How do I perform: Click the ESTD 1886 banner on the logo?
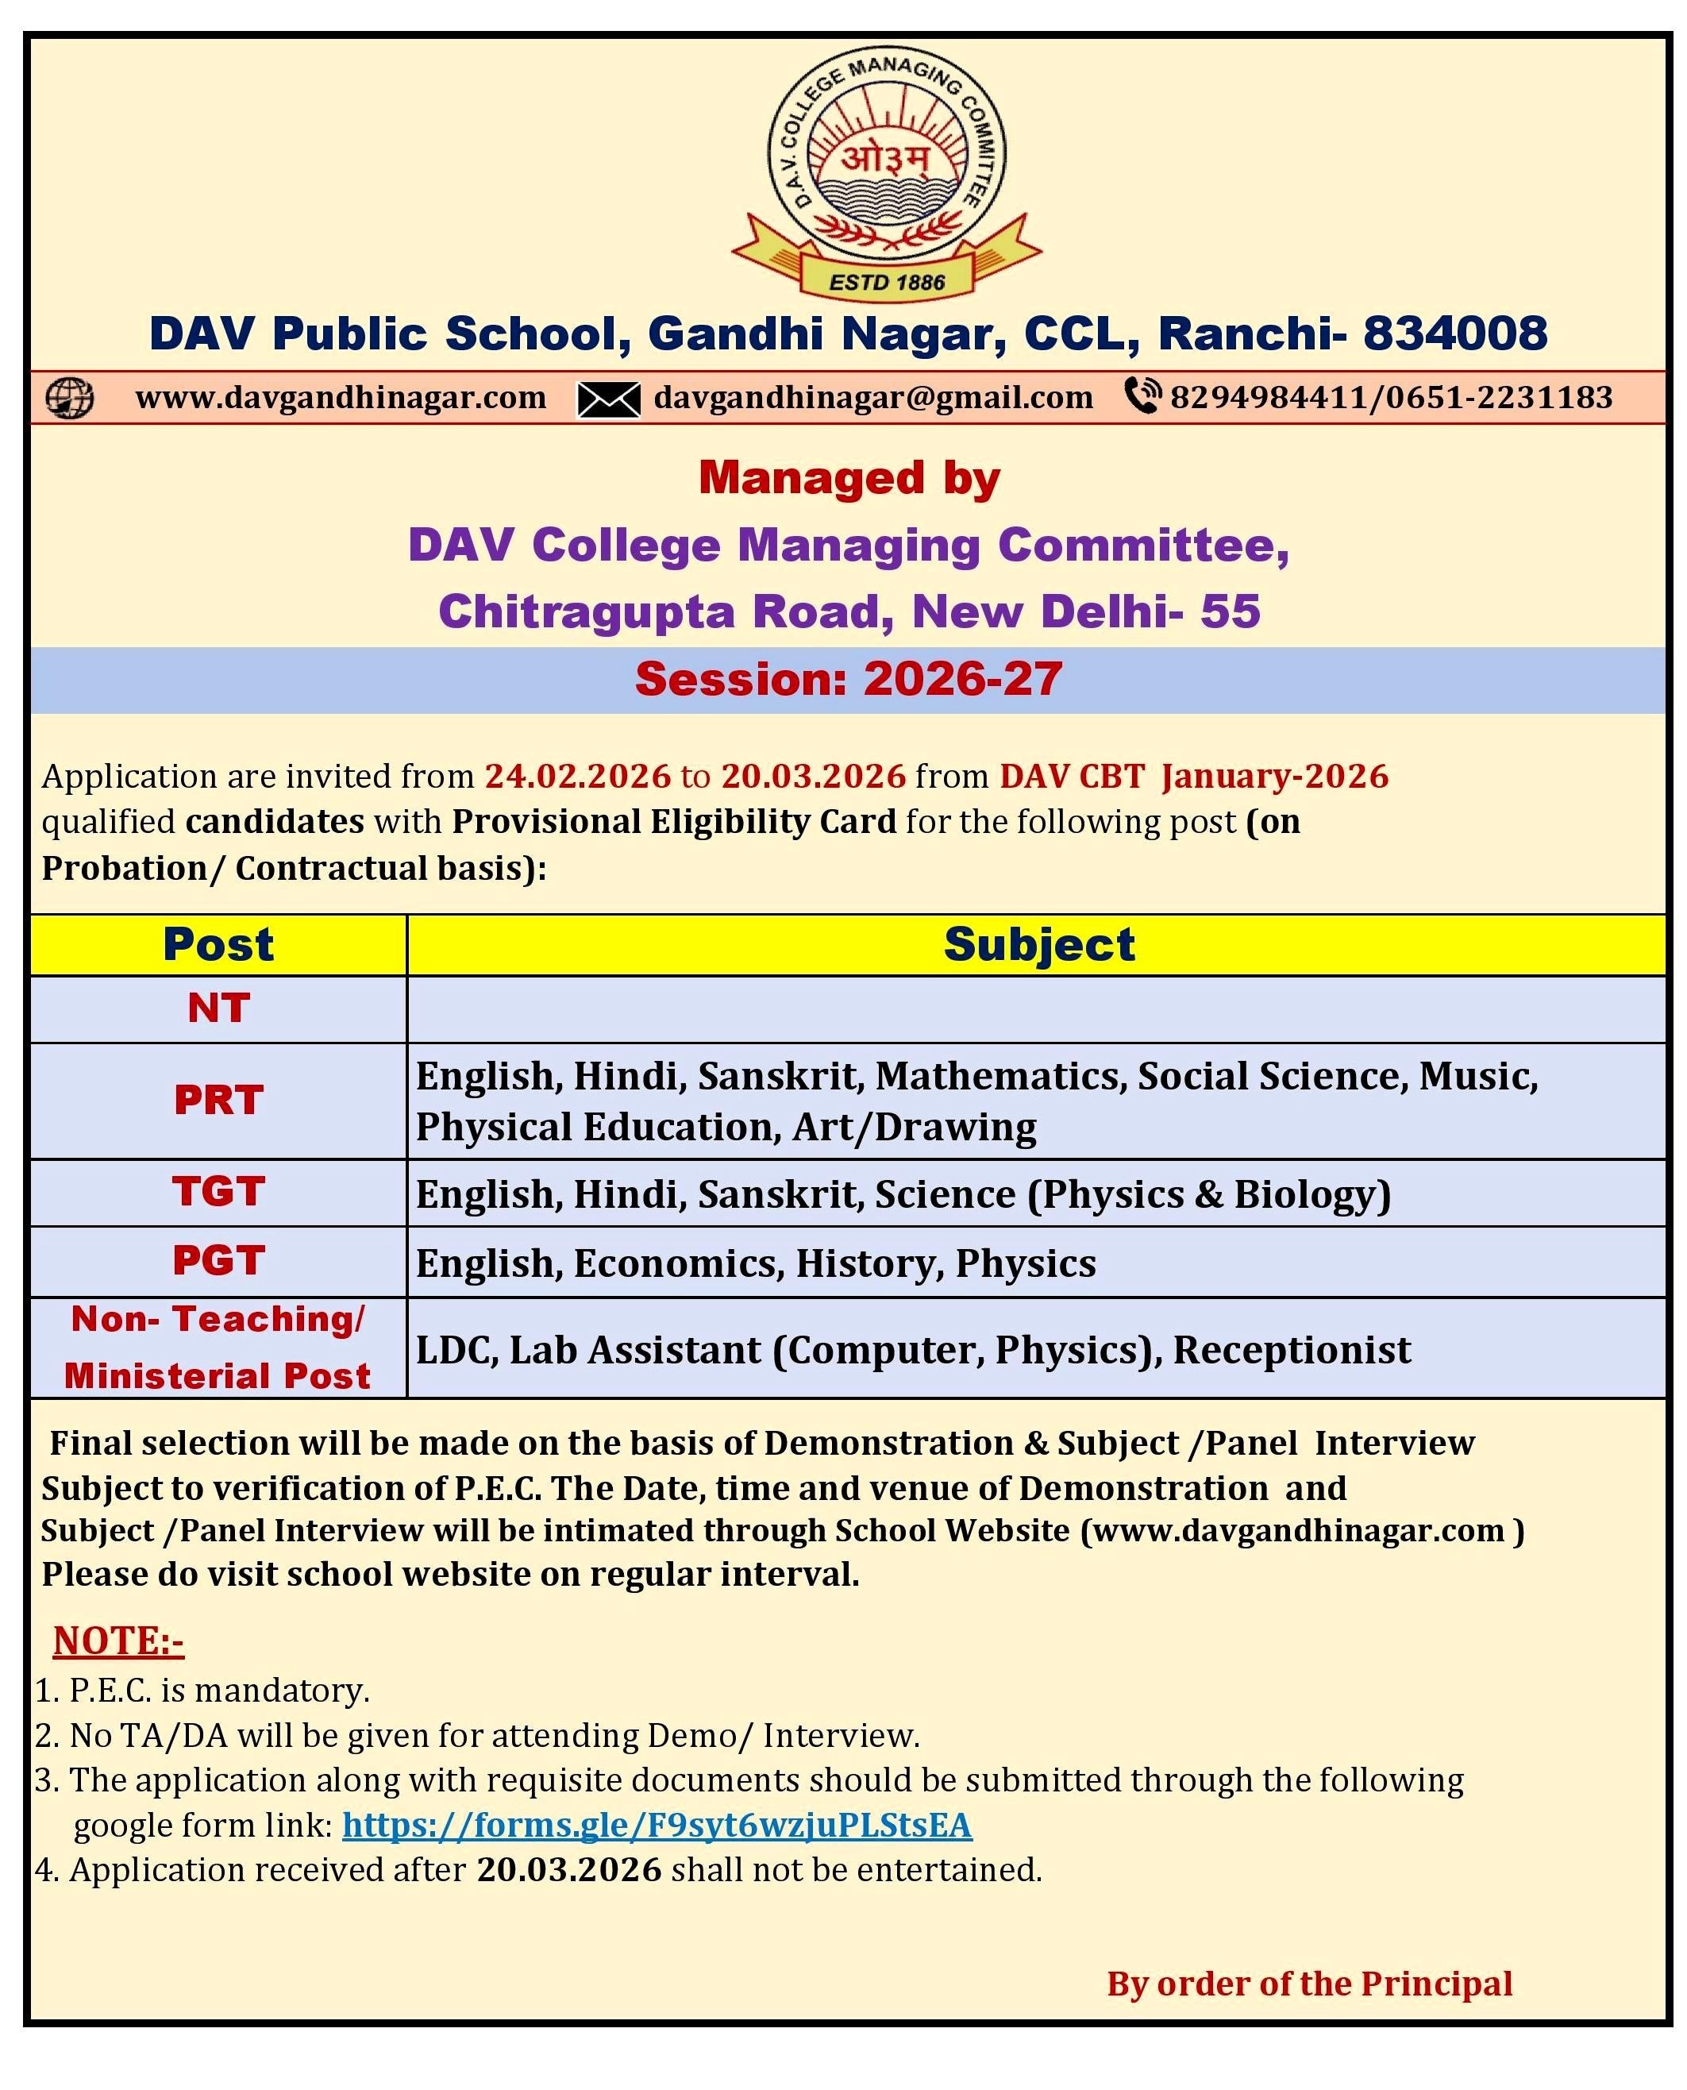886,282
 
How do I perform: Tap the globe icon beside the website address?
70,398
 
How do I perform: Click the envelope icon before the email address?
608,399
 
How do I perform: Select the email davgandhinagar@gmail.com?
872,398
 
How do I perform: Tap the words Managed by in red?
849,477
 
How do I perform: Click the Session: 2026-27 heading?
849,678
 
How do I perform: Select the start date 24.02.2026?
577,776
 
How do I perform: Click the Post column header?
218,944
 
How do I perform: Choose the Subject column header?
1039,944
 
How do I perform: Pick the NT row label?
218,1008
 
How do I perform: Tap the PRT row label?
218,1100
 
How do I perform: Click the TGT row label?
218,1191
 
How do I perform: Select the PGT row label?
218,1261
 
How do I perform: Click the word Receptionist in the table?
1292,1349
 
